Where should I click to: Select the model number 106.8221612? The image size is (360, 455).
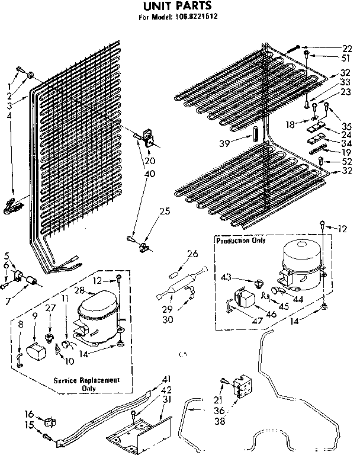[x=196, y=17]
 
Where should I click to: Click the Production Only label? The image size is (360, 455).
[x=240, y=241]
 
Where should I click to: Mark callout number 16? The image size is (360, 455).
[x=28, y=414]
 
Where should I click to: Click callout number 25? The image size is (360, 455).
[x=165, y=211]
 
